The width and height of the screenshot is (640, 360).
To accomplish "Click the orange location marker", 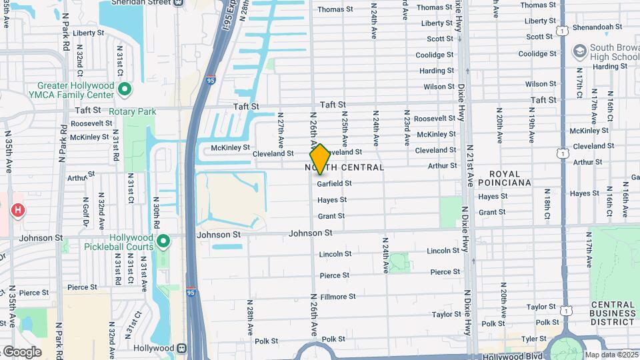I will [320, 160].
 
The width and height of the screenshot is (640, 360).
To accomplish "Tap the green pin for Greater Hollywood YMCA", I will [124, 89].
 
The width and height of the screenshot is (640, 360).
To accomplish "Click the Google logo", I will [22, 351].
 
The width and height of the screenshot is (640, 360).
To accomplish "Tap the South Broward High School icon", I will [579, 51].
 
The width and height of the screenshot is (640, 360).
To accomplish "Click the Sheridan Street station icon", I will [177, 3].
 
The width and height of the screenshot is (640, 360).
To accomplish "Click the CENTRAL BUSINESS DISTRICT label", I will [612, 313].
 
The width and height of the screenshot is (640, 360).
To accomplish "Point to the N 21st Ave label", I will [469, 166].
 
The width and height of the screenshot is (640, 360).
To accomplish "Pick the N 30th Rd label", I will [154, 217].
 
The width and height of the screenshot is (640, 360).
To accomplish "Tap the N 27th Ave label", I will [281, 130].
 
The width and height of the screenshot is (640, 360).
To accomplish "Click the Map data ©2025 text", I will [611, 355].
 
